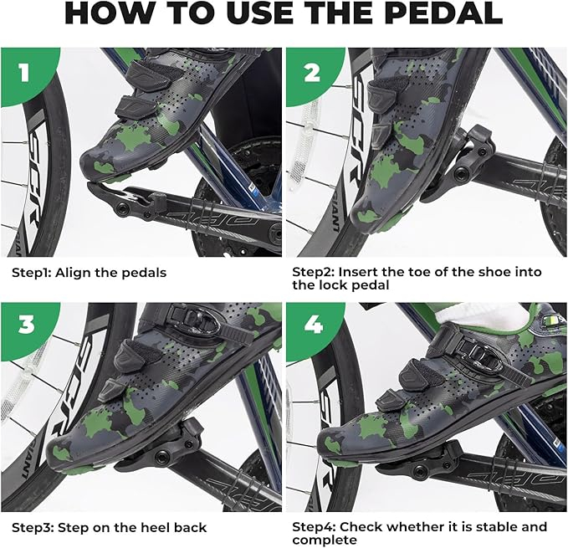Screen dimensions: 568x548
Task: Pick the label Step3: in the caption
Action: click(x=33, y=527)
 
